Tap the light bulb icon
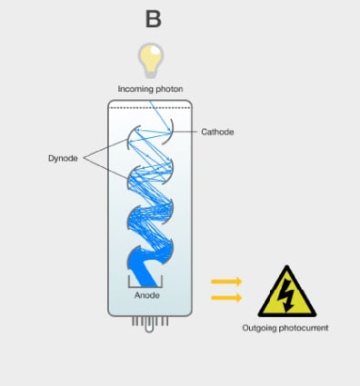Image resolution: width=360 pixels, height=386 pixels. click(150, 59)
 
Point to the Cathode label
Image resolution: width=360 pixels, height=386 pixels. click(217, 132)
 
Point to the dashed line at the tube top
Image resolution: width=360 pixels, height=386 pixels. click(149, 106)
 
